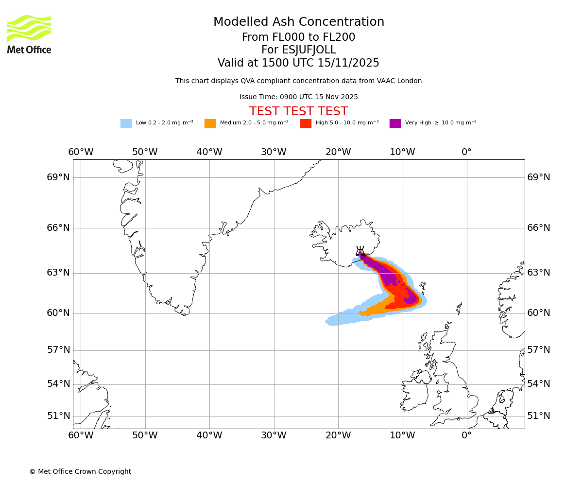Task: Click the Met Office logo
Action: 29,34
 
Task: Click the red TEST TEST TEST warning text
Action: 298,111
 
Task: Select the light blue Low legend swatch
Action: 126,123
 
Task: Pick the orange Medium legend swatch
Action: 210,123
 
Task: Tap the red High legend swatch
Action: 306,123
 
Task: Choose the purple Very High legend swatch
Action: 395,123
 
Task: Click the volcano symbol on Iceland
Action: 360,251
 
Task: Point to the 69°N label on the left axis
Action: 58,177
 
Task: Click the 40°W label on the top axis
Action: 209,152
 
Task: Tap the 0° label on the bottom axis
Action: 466,435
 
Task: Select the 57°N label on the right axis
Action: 539,350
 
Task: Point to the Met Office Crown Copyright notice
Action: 80,471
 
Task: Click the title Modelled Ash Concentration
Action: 299,22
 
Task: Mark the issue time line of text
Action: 298,97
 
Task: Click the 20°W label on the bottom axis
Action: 338,435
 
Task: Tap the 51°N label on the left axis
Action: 58,416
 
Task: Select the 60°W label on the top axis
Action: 81,152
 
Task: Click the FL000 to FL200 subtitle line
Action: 298,37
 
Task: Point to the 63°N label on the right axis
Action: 539,273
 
